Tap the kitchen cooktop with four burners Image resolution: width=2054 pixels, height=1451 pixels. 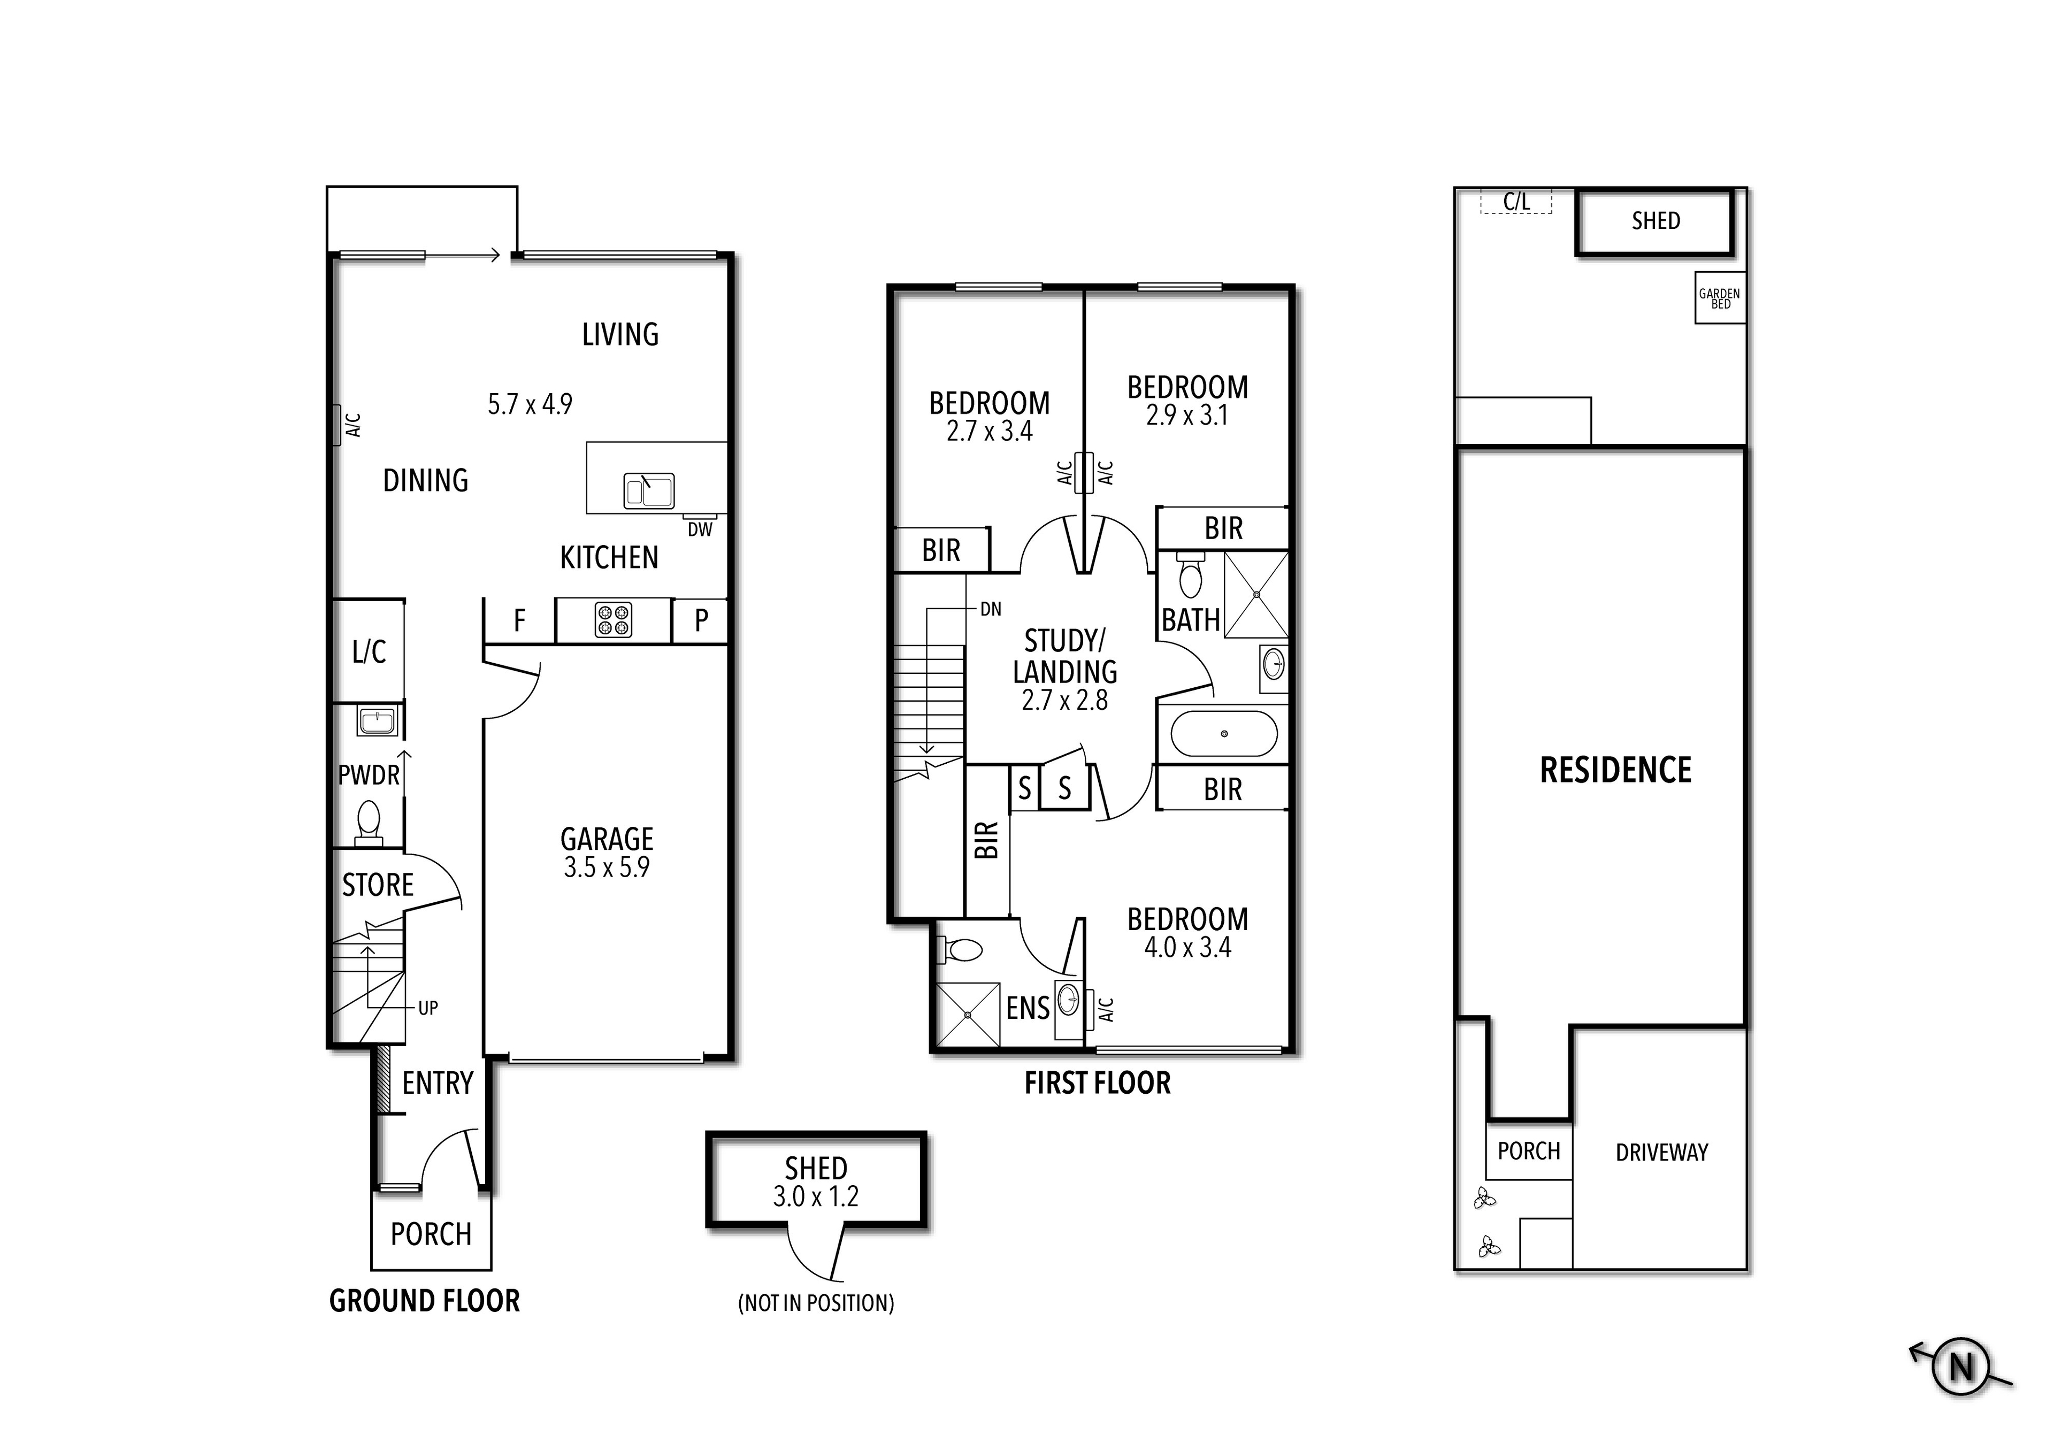[614, 620]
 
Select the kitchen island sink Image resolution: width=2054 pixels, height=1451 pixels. [649, 491]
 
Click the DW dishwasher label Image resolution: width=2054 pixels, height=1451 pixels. [700, 529]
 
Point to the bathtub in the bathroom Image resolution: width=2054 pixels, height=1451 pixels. [1224, 734]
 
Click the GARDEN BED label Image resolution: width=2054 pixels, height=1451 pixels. [1719, 298]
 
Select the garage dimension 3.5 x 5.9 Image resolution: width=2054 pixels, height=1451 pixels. [607, 867]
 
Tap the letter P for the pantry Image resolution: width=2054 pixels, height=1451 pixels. [701, 620]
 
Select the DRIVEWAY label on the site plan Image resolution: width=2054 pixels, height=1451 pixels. [1661, 1152]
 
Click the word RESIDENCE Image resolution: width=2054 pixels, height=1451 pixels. [1615, 770]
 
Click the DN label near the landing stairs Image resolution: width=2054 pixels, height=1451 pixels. [990, 609]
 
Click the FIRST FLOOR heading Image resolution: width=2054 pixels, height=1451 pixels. [1097, 1084]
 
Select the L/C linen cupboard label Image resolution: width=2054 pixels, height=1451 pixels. [369, 652]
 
